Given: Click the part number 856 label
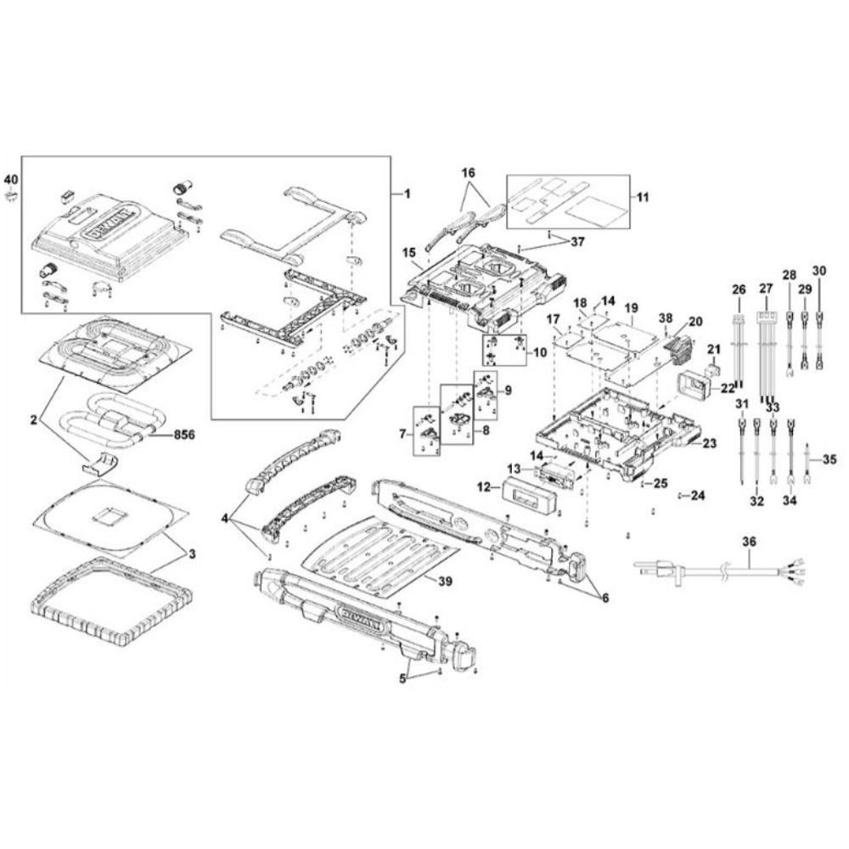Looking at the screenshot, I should click(184, 434).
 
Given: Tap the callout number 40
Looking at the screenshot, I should click(11, 179).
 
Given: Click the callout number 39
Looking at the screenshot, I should click(446, 580).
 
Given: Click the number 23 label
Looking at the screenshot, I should click(709, 441).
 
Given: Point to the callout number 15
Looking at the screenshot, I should click(408, 253).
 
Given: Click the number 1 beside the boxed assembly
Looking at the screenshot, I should click(406, 194).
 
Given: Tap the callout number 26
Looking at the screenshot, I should click(737, 289).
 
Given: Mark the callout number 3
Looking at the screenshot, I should click(193, 553).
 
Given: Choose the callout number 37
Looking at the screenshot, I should click(578, 241).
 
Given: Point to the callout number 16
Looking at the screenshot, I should click(469, 172).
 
